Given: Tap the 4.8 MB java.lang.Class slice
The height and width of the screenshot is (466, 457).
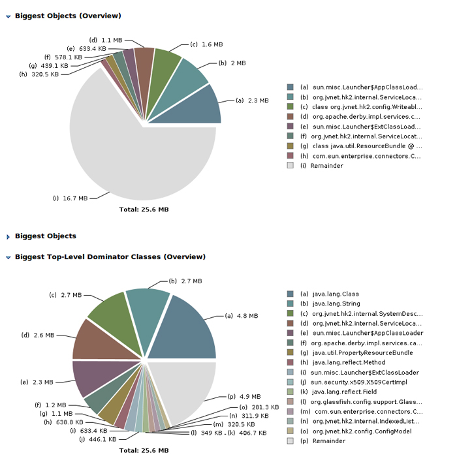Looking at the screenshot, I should click(189, 330).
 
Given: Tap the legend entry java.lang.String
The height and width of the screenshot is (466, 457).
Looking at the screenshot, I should click(336, 304).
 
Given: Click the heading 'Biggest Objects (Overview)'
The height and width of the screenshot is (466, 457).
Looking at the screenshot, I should click(68, 16).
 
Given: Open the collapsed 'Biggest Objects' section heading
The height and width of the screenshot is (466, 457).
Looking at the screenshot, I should click(45, 236).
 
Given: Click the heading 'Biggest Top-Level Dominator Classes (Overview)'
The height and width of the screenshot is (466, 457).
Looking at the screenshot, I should click(110, 257).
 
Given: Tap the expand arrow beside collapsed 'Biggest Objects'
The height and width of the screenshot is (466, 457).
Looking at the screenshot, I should click(8, 237).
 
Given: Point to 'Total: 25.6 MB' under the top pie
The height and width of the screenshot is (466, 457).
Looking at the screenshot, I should click(144, 210).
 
